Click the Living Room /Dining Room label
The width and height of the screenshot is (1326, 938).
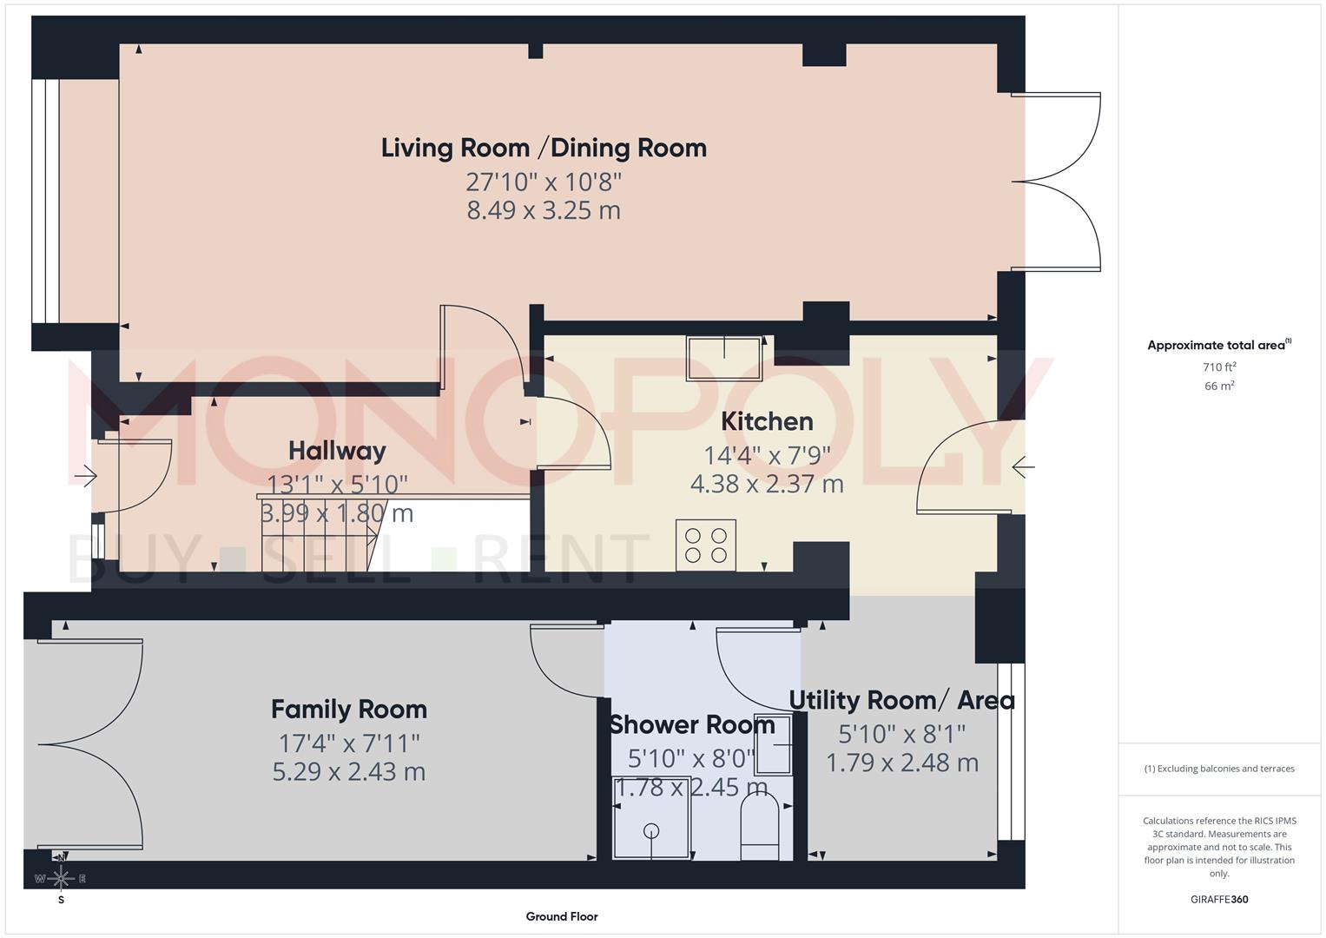coord(544,148)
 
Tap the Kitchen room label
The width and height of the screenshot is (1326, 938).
coord(767,421)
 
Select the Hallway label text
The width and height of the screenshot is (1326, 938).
coord(337,451)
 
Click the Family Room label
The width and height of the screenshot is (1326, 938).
coord(349,710)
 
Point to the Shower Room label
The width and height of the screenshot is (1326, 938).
coord(691,724)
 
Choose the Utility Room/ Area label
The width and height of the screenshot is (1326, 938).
coord(901,700)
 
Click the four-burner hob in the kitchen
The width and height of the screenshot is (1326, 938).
coord(706,545)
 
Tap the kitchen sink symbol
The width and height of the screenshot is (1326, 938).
coord(724,359)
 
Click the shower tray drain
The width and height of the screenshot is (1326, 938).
coord(651,830)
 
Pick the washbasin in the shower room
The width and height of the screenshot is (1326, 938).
coord(774,744)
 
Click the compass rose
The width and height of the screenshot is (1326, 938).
coord(61,878)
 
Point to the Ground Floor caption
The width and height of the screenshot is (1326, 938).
coord(562,916)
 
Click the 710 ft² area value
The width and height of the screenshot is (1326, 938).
coord(1219,367)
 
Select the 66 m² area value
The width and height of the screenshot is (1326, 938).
coord(1219,386)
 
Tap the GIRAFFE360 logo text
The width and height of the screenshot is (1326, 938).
coord(1219,900)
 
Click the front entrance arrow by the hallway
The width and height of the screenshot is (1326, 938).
coord(86,476)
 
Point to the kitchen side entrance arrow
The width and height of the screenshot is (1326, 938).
coord(1023,467)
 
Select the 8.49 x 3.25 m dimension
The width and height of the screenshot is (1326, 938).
coord(544,210)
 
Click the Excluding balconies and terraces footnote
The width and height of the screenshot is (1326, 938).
coord(1219,769)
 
